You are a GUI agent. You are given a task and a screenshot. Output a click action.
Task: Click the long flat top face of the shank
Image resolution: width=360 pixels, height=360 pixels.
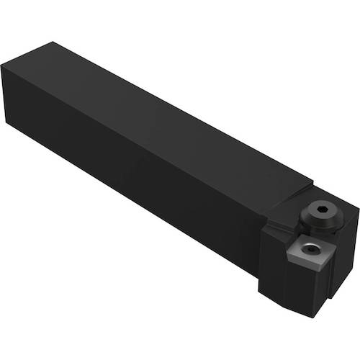tap(180, 115)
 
